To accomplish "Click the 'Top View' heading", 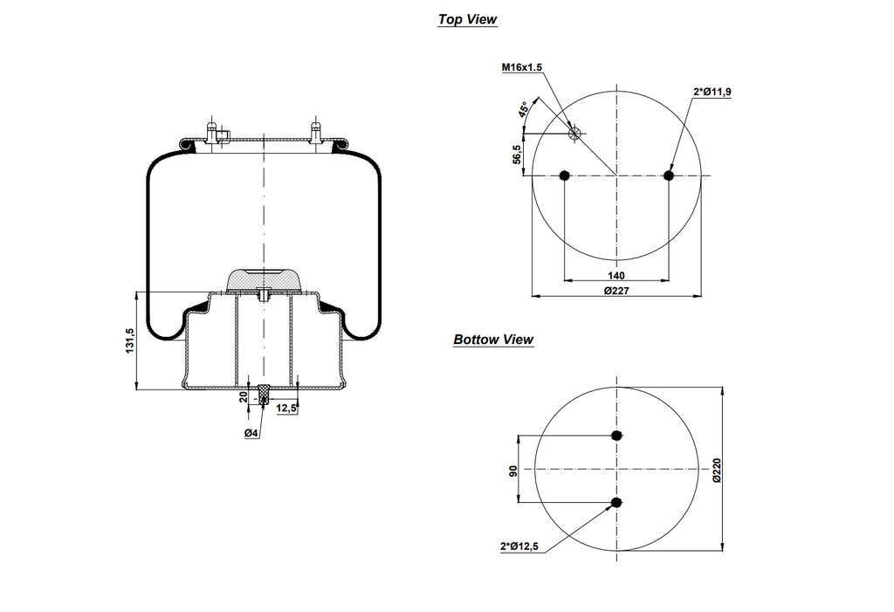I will pos(467,19).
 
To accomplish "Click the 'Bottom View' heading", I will pos(493,340).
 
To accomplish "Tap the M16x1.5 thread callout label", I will pos(522,67).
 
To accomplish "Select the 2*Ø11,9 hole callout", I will pos(712,92).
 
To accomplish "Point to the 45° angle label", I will pos(523,110).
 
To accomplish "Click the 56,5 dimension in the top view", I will pos(517,155).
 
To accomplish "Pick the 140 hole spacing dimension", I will pos(616,274).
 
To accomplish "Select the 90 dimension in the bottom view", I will pos(514,470).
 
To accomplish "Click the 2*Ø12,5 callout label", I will pos(519,547).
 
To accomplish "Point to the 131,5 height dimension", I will pos(130,340).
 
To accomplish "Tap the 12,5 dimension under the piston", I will pos(286,408).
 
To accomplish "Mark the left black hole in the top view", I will pos(565,176).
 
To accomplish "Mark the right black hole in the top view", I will pos(669,176).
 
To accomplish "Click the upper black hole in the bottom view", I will pos(617,436).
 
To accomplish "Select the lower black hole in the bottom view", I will pos(617,502).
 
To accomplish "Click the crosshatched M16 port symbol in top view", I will pos(574,133).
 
